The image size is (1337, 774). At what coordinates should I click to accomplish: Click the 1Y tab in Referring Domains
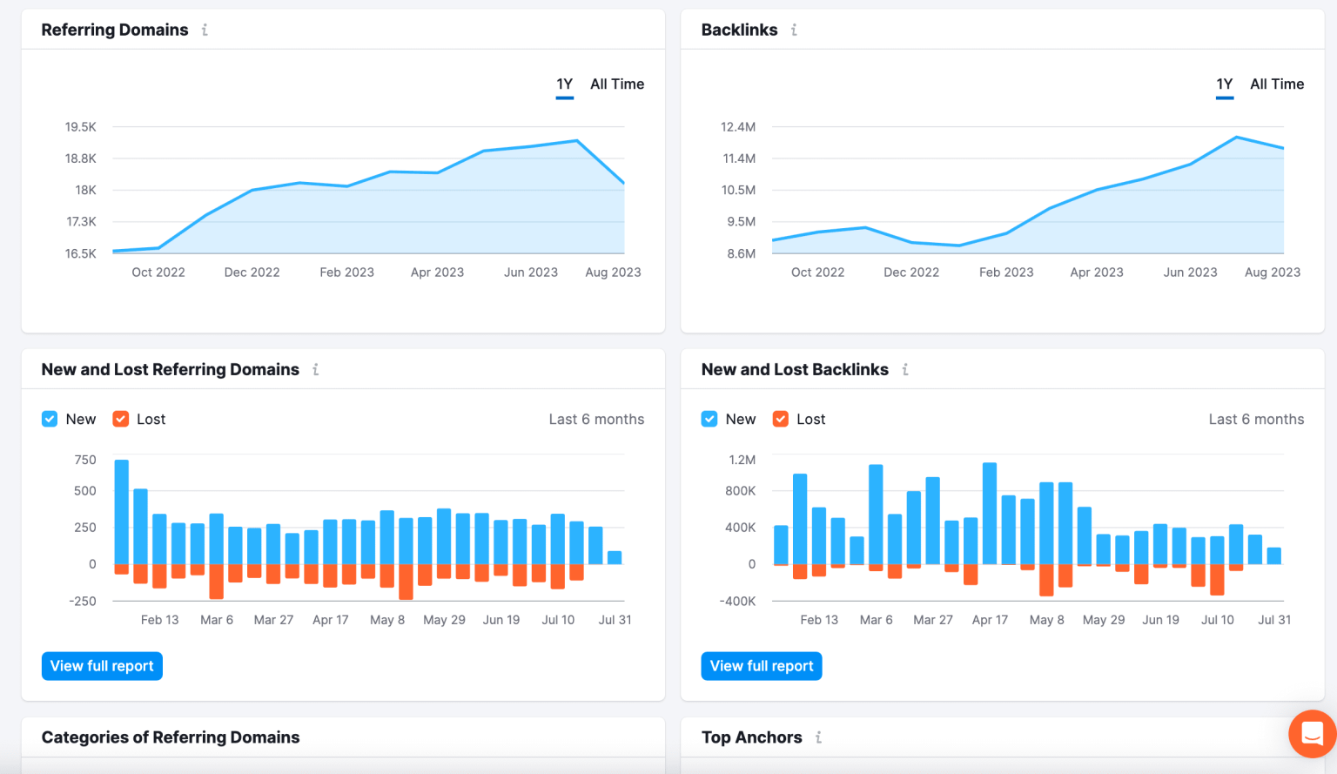point(564,84)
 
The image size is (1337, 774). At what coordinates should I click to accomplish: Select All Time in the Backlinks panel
point(1276,84)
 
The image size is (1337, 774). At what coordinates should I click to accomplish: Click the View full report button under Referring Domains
point(102,666)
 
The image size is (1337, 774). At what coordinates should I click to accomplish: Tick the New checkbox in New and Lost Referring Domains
point(50,420)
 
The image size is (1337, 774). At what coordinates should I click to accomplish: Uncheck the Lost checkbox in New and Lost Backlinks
point(781,420)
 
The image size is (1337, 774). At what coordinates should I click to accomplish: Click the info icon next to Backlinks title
point(794,30)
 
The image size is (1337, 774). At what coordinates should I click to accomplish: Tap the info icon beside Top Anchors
point(818,737)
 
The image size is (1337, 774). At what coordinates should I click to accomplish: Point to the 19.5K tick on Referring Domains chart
point(81,127)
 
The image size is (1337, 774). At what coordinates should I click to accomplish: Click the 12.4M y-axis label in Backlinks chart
point(738,127)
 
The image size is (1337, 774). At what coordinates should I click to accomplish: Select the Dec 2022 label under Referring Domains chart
point(252,273)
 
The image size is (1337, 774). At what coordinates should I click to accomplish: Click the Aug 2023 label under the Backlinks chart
point(1272,273)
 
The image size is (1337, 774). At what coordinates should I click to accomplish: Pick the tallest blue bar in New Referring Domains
point(122,511)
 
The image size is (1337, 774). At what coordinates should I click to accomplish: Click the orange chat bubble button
point(1312,734)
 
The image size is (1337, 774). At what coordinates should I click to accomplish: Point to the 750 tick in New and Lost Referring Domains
point(85,460)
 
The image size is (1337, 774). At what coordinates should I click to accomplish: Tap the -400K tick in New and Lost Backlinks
point(737,602)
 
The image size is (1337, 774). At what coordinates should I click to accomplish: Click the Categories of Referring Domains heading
point(171,737)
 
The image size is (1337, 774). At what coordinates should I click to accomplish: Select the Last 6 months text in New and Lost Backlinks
point(1255,420)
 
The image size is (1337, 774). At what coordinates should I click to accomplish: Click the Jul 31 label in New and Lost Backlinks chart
point(1274,620)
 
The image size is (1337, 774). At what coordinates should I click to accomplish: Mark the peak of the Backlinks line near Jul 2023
point(1236,138)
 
